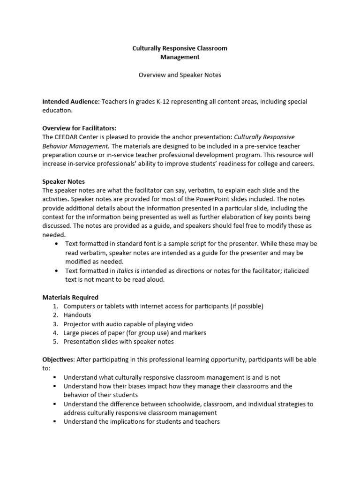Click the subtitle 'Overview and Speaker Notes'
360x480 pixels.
[x=180, y=75]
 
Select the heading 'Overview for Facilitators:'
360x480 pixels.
[x=79, y=128]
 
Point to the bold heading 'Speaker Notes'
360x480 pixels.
[x=63, y=181]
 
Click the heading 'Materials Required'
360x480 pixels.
[x=70, y=297]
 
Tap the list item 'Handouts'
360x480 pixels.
[x=77, y=315]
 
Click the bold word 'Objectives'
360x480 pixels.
[x=58, y=360]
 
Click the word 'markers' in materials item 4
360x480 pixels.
[x=195, y=333]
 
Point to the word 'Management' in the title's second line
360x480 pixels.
[x=180, y=57]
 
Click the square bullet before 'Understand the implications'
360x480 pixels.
[x=55, y=422]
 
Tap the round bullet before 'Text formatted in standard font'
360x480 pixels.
[x=56, y=244]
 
